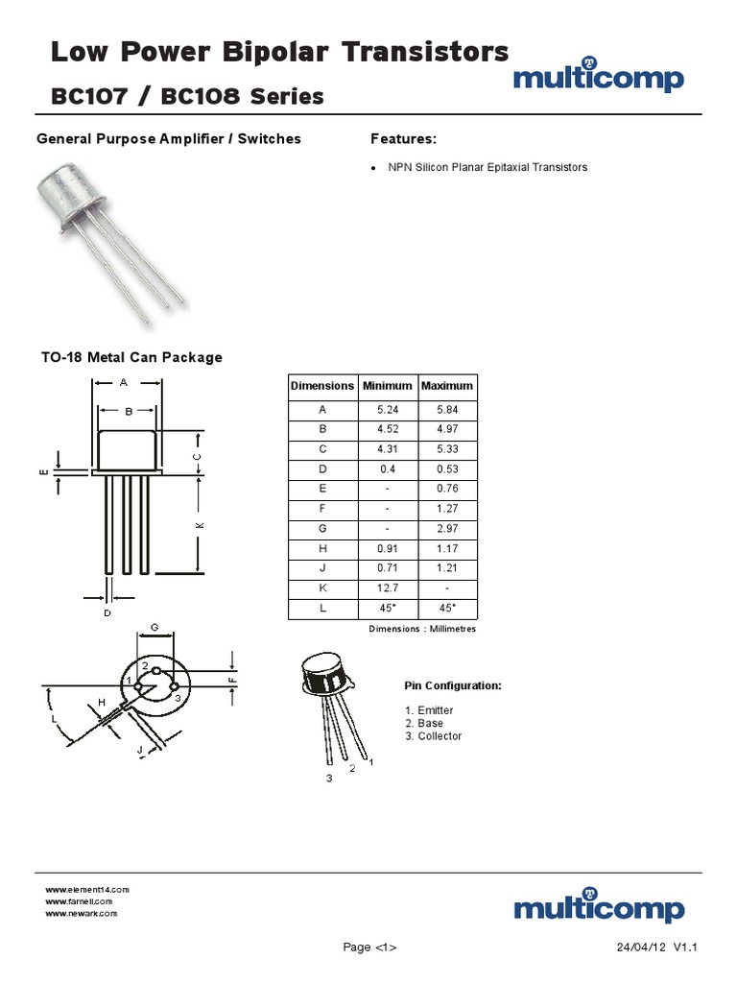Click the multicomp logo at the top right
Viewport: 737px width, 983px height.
[x=598, y=78]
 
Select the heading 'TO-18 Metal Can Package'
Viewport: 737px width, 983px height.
[x=131, y=357]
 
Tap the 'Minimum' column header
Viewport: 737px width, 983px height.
[x=388, y=386]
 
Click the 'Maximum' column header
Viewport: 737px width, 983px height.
[x=447, y=386]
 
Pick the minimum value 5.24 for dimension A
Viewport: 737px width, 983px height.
[x=388, y=409]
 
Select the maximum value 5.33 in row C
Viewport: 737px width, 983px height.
[x=447, y=449]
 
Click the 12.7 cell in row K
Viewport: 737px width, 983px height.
[x=388, y=588]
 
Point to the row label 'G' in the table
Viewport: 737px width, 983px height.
[x=322, y=529]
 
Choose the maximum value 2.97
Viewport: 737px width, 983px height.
[x=447, y=529]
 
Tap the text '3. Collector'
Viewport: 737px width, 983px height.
[x=433, y=736]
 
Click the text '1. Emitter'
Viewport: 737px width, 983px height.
[x=429, y=710]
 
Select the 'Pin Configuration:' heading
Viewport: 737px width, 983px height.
[x=453, y=686]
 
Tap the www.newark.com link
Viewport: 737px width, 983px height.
[x=82, y=913]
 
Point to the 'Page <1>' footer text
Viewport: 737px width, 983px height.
[x=369, y=947]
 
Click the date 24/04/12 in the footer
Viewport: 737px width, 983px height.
[x=640, y=947]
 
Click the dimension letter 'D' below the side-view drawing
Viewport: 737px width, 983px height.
[x=107, y=612]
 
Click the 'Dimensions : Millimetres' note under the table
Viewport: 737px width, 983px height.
[x=422, y=629]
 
